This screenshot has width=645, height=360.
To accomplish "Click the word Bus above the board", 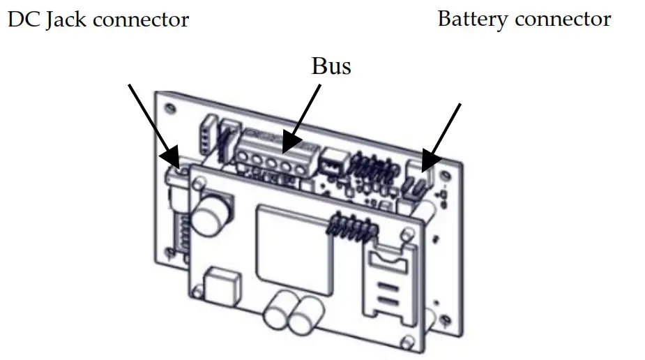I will (331, 66).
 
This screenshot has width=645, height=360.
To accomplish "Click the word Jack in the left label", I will (66, 19).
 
